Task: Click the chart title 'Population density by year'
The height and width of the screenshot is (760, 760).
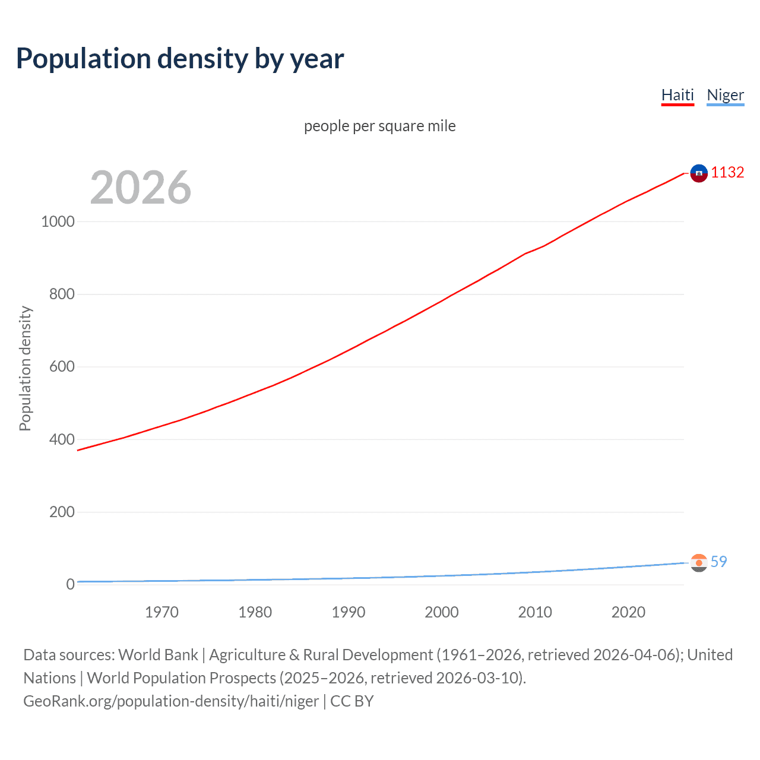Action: pyautogui.click(x=180, y=59)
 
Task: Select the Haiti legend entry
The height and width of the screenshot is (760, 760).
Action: pyautogui.click(x=677, y=95)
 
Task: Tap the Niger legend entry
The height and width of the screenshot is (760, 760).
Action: pyautogui.click(x=725, y=95)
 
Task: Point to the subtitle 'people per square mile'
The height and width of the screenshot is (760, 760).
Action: pyautogui.click(x=380, y=126)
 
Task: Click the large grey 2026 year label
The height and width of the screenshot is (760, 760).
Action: pyautogui.click(x=141, y=188)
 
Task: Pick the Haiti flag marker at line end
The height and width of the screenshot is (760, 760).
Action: pyautogui.click(x=699, y=173)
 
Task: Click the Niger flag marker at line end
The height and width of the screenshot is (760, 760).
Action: pyautogui.click(x=699, y=562)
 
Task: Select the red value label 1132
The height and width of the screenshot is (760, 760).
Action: pyautogui.click(x=727, y=172)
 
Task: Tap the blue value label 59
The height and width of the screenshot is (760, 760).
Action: pyautogui.click(x=718, y=562)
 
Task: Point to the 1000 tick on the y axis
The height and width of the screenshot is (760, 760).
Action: pyautogui.click(x=58, y=221)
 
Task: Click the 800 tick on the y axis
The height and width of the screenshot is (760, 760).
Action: pyautogui.click(x=62, y=294)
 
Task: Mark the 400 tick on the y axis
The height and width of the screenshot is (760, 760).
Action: pyautogui.click(x=62, y=439)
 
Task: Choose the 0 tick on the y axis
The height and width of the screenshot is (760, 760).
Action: pyautogui.click(x=71, y=584)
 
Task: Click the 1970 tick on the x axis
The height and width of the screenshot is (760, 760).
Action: pyautogui.click(x=161, y=612)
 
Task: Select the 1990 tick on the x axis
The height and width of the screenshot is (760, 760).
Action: pyautogui.click(x=349, y=612)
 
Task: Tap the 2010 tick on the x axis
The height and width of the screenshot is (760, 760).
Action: pyautogui.click(x=535, y=612)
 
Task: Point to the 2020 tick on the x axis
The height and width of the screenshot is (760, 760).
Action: pyautogui.click(x=628, y=612)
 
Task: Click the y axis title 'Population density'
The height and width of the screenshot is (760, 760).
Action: pyautogui.click(x=25, y=368)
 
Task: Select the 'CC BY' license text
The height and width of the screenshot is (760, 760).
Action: pyautogui.click(x=352, y=701)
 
